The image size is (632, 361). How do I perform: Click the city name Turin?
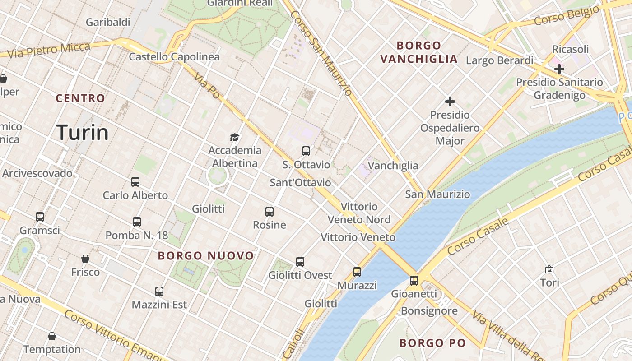point(83,133)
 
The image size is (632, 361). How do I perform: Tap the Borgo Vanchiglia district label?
point(419,52)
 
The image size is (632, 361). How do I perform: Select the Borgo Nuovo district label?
point(206,256)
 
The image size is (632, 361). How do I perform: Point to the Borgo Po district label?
point(432,343)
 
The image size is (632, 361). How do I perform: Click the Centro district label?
point(80,98)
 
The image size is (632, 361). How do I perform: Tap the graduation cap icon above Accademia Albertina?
point(234,137)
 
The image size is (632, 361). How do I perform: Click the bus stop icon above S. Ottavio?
point(306,151)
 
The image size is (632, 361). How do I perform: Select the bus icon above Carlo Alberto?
point(135,182)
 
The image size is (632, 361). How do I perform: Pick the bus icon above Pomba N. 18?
point(137,222)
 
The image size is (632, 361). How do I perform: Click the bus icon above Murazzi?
point(357,272)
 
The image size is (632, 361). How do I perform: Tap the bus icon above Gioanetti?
point(414,281)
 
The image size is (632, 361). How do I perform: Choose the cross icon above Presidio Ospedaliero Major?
point(450,102)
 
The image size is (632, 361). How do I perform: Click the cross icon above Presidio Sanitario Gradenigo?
point(559,69)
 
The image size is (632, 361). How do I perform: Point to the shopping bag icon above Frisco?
point(85,259)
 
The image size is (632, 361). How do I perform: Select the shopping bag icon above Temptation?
point(52,336)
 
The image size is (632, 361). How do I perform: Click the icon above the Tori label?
point(549,269)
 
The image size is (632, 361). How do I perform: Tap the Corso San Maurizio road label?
point(321,53)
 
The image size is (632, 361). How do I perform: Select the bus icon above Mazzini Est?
point(159,292)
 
